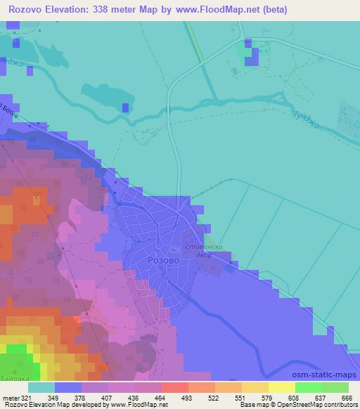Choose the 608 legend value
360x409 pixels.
click(295, 397)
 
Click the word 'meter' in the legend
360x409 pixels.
click(11, 397)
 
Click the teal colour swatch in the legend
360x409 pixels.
click(41, 387)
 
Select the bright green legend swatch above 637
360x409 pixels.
click(308, 387)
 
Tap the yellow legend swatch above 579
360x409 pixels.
click(255, 387)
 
